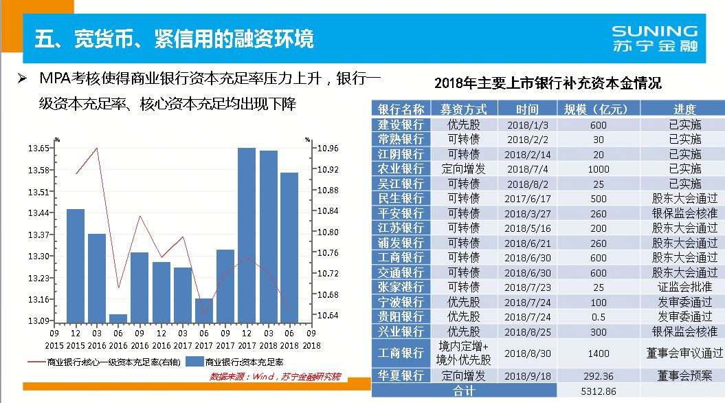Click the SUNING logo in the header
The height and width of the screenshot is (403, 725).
(654, 39)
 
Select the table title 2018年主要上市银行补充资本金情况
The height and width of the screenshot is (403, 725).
(548, 83)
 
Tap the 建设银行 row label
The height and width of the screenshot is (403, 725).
(401, 124)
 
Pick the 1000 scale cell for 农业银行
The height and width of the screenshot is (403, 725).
(598, 168)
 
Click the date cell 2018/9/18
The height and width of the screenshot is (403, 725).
(527, 376)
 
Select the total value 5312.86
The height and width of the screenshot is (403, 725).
(598, 391)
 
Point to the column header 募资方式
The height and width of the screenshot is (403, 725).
(464, 109)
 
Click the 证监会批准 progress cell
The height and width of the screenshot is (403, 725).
(682, 287)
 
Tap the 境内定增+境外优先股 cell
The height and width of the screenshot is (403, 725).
(464, 353)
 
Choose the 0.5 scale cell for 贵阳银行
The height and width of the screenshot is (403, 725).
(598, 316)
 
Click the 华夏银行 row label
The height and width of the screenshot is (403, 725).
(401, 376)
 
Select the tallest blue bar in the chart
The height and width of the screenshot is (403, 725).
(247, 234)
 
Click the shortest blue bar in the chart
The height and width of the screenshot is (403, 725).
(118, 317)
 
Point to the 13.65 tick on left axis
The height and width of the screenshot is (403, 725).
(38, 149)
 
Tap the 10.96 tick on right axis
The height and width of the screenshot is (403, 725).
(328, 149)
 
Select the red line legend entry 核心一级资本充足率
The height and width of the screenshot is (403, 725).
(103, 361)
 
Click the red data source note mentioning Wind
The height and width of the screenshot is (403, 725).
(275, 376)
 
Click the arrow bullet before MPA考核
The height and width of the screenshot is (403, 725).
(22, 78)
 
